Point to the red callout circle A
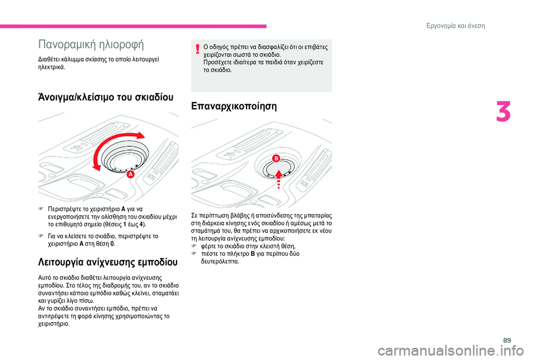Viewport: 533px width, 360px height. point(130,174)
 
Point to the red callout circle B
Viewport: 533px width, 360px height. point(275,159)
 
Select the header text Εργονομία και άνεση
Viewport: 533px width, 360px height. point(470,26)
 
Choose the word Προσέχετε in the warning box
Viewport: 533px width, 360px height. point(220,63)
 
